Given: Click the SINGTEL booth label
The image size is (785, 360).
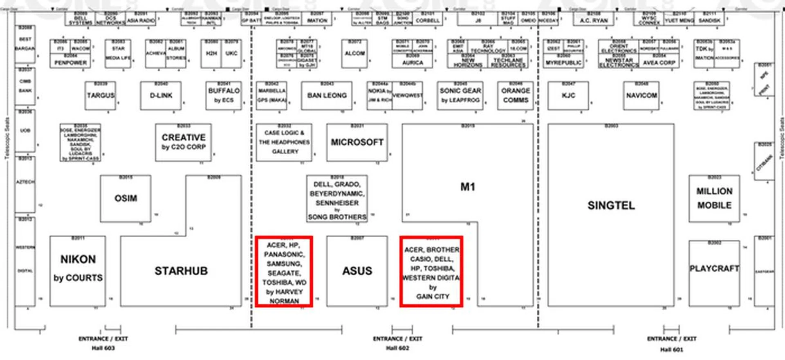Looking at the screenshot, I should point(611,205).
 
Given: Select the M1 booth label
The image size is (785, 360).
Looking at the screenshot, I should point(468,187).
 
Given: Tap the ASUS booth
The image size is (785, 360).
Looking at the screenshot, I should point(357,271).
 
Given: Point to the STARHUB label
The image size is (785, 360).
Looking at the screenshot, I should point(181,271).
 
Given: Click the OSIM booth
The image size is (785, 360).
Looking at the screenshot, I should point(126,198).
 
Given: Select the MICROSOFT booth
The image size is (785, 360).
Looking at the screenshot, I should point(357,142).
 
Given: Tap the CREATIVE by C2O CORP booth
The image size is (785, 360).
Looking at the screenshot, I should point(184,142).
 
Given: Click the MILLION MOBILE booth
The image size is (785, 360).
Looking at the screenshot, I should point(714,198).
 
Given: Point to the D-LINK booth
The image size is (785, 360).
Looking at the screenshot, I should point(161,96).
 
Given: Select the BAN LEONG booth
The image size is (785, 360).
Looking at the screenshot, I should point(327,96).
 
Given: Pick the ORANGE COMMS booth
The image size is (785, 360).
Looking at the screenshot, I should point(516,96).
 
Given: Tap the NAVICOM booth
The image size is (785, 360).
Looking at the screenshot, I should point(641,96).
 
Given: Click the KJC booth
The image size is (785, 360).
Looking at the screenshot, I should point(568,96).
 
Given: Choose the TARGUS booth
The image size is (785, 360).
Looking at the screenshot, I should point(100,96).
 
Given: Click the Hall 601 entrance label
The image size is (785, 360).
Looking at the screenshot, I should point(671,349).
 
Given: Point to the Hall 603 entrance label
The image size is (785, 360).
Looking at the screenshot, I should point(103,348).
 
